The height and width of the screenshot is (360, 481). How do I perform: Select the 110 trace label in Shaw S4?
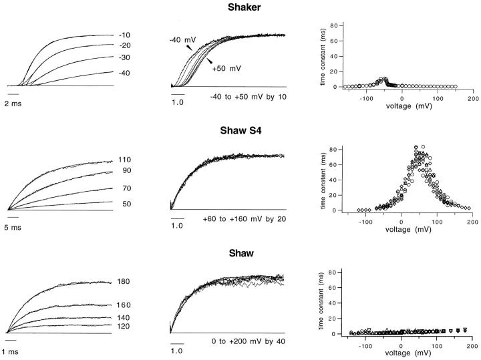pos(124,160)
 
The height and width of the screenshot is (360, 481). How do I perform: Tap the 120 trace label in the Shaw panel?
pos(124,325)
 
